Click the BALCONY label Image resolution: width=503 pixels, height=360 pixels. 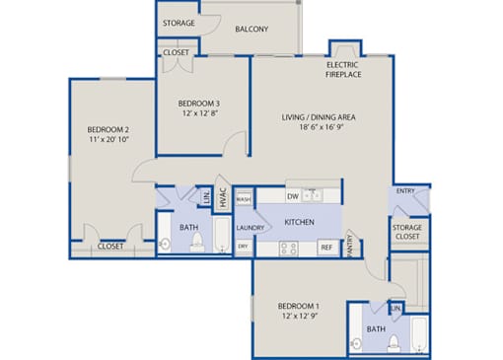(x=251, y=29)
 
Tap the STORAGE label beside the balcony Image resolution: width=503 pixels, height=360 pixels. (x=179, y=23)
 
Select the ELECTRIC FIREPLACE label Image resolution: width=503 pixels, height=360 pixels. (x=343, y=70)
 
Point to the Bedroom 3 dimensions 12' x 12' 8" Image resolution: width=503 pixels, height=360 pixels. (x=200, y=113)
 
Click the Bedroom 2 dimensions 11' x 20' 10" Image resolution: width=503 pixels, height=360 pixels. (x=108, y=139)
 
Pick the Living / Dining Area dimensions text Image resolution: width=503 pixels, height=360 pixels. (x=322, y=127)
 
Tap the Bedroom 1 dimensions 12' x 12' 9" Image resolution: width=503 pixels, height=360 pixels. (x=299, y=316)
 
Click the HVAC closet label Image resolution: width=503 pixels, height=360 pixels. (x=223, y=197)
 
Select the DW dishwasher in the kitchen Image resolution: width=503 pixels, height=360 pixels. (x=293, y=196)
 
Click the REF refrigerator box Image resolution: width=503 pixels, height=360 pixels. (x=326, y=248)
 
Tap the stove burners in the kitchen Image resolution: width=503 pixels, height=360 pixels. (x=289, y=249)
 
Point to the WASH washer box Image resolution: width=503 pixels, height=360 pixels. (x=244, y=199)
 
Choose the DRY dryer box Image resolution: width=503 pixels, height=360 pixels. (x=244, y=247)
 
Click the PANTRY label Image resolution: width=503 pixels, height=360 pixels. (x=350, y=246)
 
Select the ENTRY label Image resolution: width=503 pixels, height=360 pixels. (x=405, y=191)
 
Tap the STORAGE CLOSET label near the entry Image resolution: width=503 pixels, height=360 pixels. (x=407, y=232)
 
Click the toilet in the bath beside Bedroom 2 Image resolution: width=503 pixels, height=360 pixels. (x=197, y=242)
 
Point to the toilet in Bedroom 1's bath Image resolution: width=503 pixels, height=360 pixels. (x=394, y=343)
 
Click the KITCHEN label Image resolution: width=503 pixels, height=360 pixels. (x=299, y=222)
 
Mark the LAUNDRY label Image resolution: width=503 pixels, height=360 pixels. (x=251, y=228)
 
